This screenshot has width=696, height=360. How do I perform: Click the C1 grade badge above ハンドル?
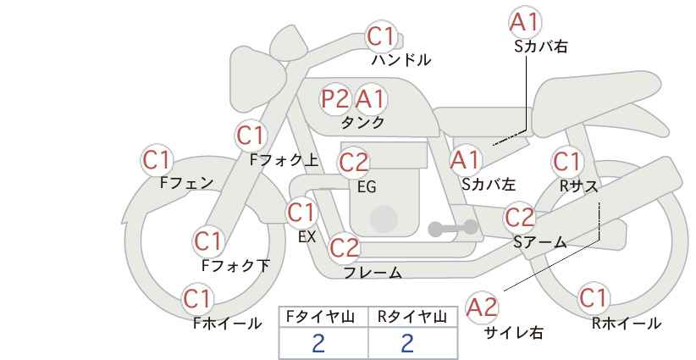pyautogui.click(x=381, y=36)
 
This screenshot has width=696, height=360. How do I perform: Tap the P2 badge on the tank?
pyautogui.click(x=334, y=98)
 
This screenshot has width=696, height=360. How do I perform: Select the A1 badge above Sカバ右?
pyautogui.click(x=525, y=22)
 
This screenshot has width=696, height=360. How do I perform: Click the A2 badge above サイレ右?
pyautogui.click(x=482, y=307)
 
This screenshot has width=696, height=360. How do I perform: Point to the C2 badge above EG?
pyautogui.click(x=354, y=163)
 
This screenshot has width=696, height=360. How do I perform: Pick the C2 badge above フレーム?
pyautogui.click(x=345, y=247)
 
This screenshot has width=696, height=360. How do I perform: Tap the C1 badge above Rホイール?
pyautogui.click(x=593, y=297)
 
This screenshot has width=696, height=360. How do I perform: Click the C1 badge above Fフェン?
pyautogui.click(x=157, y=159)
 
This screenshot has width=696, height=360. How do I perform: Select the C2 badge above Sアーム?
pyautogui.click(x=520, y=218)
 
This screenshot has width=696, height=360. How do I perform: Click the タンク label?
pyautogui.click(x=362, y=122)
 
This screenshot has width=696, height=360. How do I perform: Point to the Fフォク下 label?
pyautogui.click(x=235, y=265)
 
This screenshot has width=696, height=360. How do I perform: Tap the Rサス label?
pyautogui.click(x=578, y=187)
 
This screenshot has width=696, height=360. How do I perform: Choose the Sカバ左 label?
pyautogui.click(x=489, y=184)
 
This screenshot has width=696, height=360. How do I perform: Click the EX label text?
pyautogui.click(x=307, y=237)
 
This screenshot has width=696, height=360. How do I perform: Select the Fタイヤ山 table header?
pyautogui.click(x=320, y=317)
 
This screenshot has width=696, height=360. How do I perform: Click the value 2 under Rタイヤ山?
pyautogui.click(x=407, y=343)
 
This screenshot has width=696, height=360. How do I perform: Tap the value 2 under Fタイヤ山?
pyautogui.click(x=318, y=343)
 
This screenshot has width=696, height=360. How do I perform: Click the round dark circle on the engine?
pyautogui.click(x=384, y=219)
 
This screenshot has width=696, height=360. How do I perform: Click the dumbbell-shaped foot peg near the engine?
pyautogui.click(x=453, y=228)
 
